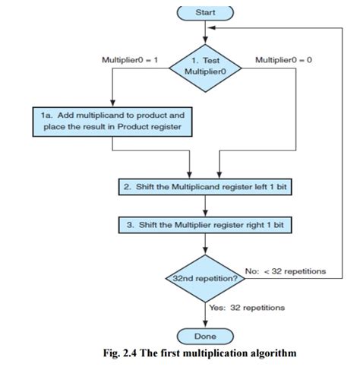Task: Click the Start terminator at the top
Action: [x=205, y=12]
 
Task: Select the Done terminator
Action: [x=205, y=335]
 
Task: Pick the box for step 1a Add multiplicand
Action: [x=112, y=119]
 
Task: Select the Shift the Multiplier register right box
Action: [x=205, y=226]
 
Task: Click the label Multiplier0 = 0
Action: [x=283, y=59]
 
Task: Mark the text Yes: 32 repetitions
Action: [x=247, y=308]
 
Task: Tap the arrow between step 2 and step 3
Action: [x=205, y=207]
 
